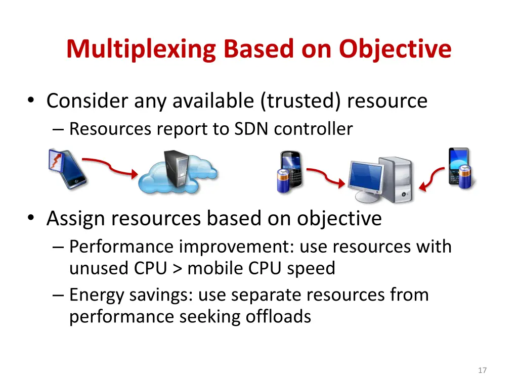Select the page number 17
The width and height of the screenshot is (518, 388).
click(x=482, y=370)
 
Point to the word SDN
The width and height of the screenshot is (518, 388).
click(x=252, y=129)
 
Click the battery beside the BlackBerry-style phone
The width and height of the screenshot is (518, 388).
click(x=283, y=180)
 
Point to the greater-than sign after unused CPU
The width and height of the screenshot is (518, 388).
click(x=177, y=268)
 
